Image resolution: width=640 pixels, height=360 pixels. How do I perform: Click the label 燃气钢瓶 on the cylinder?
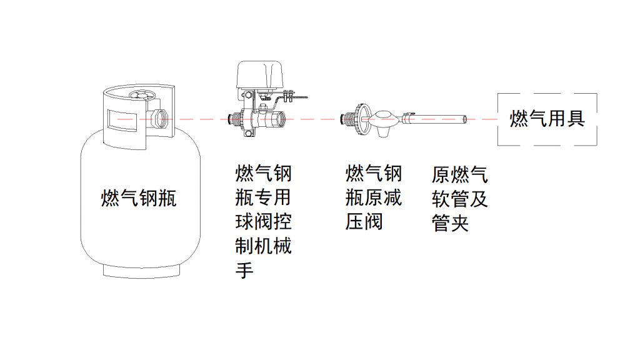coord(139,199)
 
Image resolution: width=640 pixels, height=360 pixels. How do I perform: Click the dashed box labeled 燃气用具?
coord(547,119)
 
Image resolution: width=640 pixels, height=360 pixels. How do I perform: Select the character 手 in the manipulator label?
coord(244,271)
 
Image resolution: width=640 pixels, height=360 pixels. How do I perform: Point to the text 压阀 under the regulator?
coord(364,222)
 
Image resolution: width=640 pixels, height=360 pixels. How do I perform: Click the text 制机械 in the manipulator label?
coord(263,246)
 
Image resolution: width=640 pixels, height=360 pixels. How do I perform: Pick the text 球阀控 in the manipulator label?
coord(263,222)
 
